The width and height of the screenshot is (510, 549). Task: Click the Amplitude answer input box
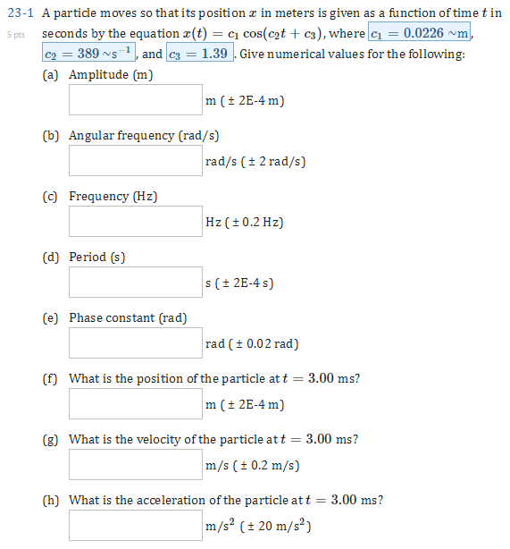tap(136, 99)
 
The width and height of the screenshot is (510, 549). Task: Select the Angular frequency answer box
tap(136, 160)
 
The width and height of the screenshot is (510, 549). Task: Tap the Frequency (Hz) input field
tap(136, 221)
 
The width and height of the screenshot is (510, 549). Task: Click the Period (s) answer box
tap(136, 282)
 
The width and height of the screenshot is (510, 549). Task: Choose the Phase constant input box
tap(136, 342)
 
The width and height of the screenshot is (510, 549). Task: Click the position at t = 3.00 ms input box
tap(136, 403)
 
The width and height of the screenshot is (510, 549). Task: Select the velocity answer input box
tap(136, 464)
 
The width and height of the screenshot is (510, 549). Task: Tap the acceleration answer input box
tap(136, 525)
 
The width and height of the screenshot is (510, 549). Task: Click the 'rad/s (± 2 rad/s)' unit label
tap(255, 162)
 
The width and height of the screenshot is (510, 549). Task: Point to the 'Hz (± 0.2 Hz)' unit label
tap(245, 223)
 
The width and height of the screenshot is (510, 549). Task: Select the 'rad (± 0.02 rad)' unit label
tap(252, 344)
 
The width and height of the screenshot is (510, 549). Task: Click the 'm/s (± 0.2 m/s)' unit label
tap(252, 466)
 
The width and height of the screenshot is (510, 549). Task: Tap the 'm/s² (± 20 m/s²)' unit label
tap(257, 526)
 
